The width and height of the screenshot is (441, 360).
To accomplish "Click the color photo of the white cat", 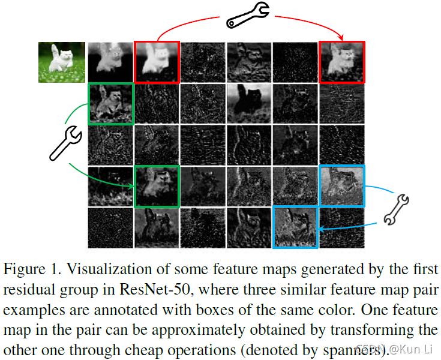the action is coord(61,62).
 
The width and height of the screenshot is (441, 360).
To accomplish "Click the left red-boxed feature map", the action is coord(157,62).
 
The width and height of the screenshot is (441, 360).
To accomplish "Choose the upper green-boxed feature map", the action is coord(110,104).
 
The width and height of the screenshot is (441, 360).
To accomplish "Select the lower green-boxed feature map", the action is coord(157,187).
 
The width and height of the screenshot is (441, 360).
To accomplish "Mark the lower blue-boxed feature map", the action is coord(295,227).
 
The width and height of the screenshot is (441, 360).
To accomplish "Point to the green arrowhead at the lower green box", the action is coord(131,186).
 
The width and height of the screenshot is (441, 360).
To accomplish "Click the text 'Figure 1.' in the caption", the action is coord(29,269).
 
